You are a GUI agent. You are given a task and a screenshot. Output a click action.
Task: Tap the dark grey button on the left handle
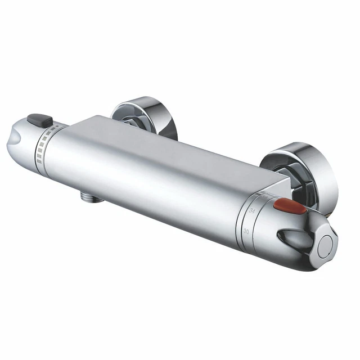pos(39,120)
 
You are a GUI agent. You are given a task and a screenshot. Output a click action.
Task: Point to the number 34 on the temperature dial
pos(251,210)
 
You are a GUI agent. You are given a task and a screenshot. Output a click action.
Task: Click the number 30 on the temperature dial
pos(246,231)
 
